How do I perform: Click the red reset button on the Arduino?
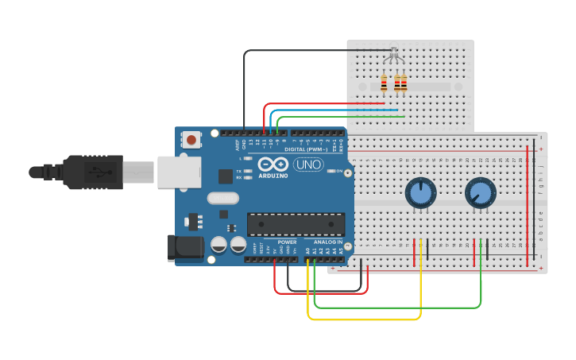point(191,139)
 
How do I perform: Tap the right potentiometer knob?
point(480,192)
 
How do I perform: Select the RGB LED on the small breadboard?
point(392,56)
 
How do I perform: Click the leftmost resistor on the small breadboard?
point(385,83)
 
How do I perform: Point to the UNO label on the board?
point(308,165)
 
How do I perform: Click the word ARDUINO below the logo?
point(273,176)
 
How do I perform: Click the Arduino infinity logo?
point(273,164)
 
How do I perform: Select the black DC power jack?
point(186,248)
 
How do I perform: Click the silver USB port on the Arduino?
point(178,172)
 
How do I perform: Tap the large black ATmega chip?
point(296,224)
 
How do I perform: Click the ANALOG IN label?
point(328,242)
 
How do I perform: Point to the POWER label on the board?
point(287,242)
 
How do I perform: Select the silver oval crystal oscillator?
point(222,198)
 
